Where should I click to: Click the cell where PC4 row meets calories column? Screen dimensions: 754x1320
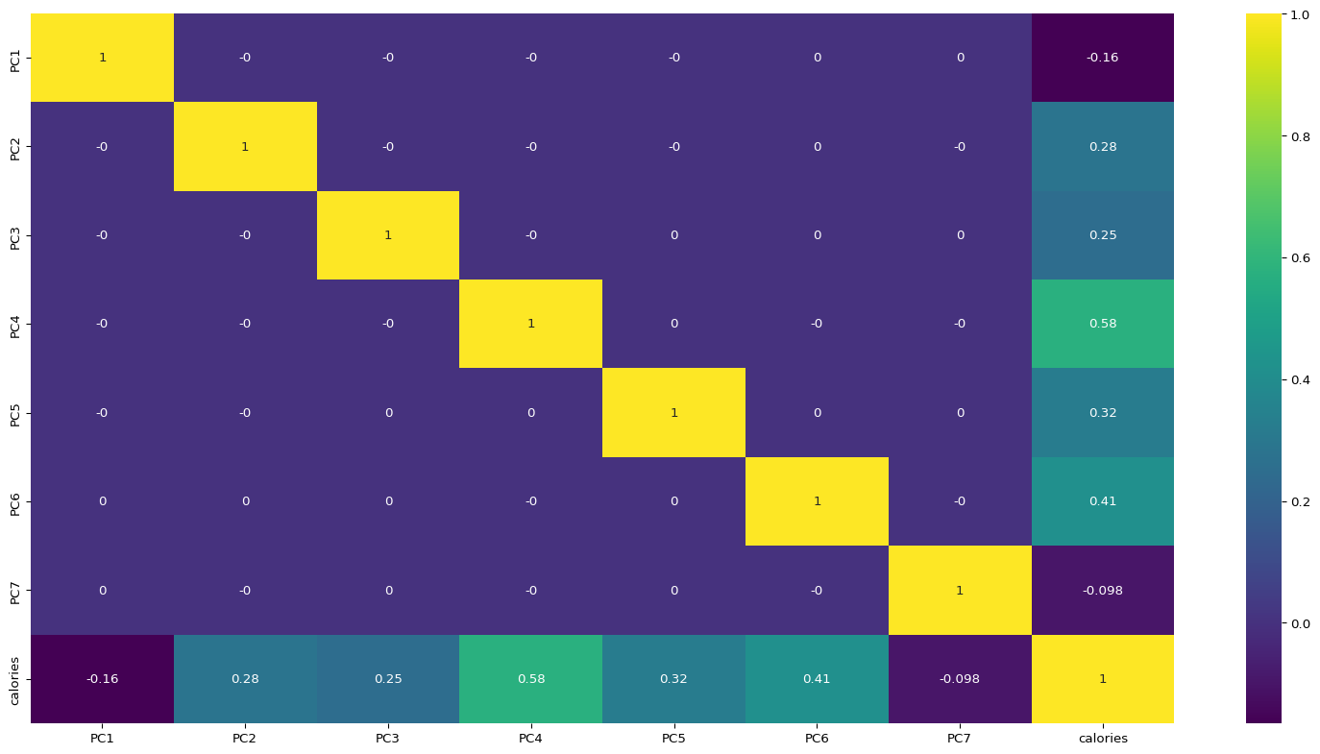[x=1102, y=324]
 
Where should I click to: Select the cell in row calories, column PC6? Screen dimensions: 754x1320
[x=817, y=679]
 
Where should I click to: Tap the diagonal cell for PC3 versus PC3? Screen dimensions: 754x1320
[x=388, y=235]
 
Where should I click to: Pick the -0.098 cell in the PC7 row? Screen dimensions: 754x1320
[x=1102, y=590]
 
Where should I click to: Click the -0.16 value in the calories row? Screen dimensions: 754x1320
[x=102, y=679]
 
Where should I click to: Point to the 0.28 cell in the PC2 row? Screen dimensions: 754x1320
[x=1102, y=146]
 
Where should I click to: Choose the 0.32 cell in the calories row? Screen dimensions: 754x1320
[x=673, y=679]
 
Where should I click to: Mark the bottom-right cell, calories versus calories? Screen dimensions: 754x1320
[x=1102, y=679]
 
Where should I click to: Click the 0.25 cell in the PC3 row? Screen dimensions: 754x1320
[x=1102, y=235]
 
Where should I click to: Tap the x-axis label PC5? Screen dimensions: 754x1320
[x=673, y=739]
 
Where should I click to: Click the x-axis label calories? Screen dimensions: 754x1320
[x=1102, y=739]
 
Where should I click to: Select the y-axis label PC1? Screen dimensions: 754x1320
[x=14, y=58]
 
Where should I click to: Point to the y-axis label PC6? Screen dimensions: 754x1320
[x=14, y=501]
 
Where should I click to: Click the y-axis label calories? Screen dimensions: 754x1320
[x=14, y=679]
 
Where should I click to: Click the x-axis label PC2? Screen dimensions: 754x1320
[x=245, y=739]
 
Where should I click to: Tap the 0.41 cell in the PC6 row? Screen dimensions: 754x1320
[x=1102, y=501]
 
